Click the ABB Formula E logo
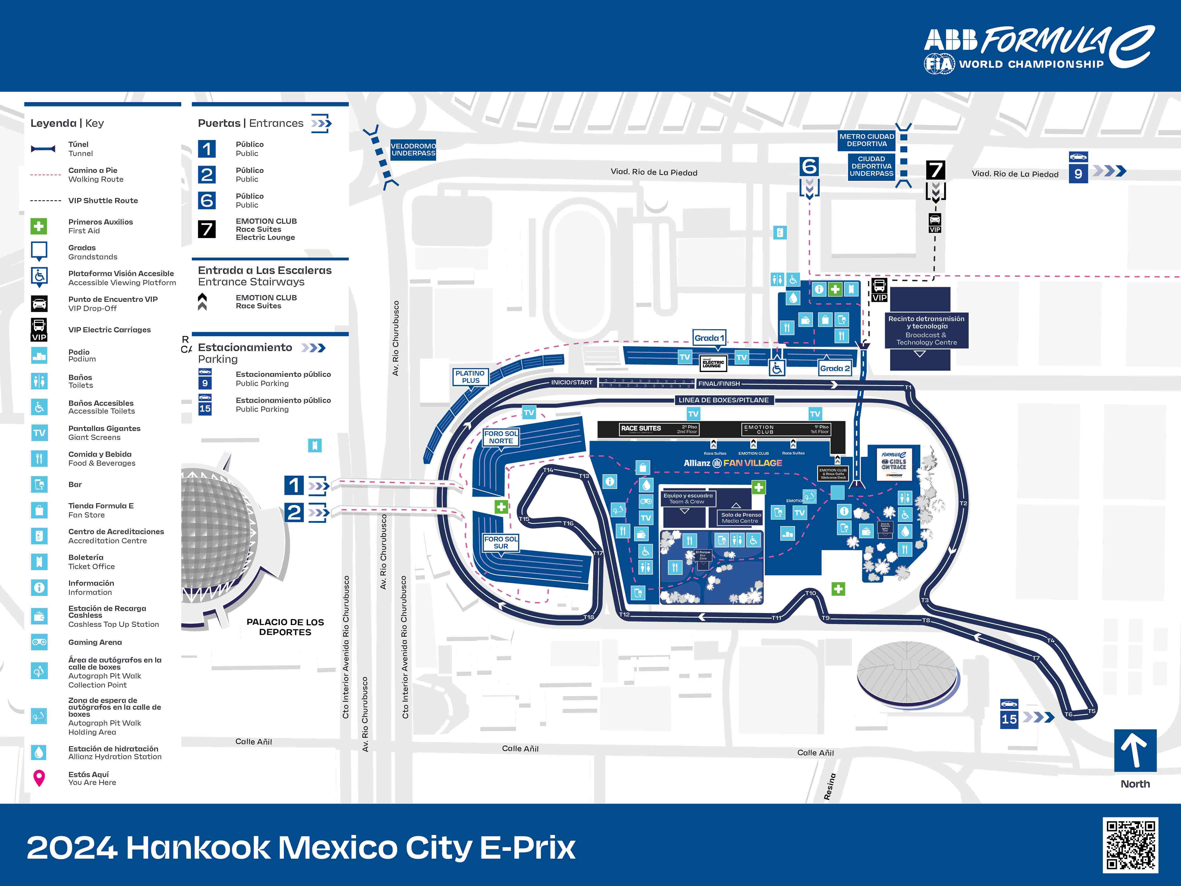click(1039, 48)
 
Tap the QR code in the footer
click(1130, 845)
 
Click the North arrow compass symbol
click(1135, 750)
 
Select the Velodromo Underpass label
click(413, 149)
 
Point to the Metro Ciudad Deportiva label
click(866, 140)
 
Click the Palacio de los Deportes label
click(285, 627)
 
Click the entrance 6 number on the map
click(809, 167)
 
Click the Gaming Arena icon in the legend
click(39, 642)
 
